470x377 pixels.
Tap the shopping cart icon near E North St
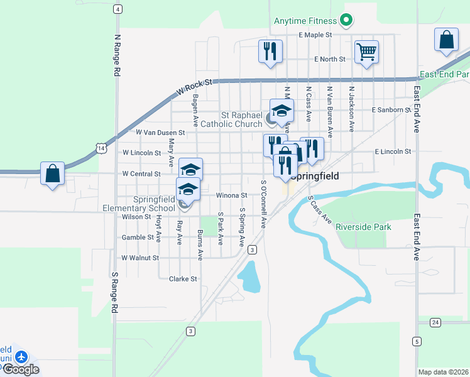coord(366,52)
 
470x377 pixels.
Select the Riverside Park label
coord(363,227)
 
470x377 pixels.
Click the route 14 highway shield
coord(101,147)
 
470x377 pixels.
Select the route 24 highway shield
coord(435,322)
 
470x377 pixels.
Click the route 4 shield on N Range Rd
coord(117,9)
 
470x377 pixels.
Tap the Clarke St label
coord(183,279)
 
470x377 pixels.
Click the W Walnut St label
coord(140,258)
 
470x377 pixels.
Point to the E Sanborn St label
coord(391,109)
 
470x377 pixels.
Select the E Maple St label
coord(315,35)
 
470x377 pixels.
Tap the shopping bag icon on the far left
coord(53,173)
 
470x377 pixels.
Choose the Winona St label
coord(229,195)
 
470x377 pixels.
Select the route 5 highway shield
coord(417,341)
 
